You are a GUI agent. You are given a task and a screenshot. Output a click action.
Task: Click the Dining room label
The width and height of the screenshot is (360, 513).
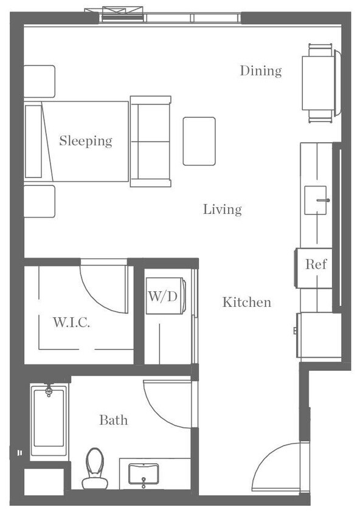pyautogui.click(x=260, y=71)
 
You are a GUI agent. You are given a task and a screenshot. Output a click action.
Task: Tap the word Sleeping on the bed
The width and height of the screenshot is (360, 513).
pyautogui.click(x=86, y=141)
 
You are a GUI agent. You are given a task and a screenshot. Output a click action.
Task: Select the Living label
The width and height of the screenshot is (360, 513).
pyautogui.click(x=222, y=210)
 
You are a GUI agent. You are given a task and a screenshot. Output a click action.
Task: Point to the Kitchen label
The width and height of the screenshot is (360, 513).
pyautogui.click(x=246, y=302)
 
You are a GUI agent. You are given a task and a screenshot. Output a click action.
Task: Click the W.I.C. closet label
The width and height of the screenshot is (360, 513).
pyautogui.click(x=71, y=323)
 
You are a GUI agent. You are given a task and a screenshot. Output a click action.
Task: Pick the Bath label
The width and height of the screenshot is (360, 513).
pyautogui.click(x=114, y=420)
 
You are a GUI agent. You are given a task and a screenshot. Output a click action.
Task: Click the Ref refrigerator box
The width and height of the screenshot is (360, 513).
pyautogui.click(x=316, y=264)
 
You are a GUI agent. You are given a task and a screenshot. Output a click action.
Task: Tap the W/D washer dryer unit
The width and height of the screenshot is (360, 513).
pyautogui.click(x=162, y=297)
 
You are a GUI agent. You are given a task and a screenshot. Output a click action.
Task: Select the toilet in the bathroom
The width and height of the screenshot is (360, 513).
pyautogui.click(x=94, y=470)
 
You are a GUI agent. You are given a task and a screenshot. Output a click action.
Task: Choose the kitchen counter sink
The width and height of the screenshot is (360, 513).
pyautogui.click(x=316, y=200)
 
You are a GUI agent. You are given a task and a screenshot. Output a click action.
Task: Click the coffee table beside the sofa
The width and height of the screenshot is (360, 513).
pyautogui.click(x=199, y=141)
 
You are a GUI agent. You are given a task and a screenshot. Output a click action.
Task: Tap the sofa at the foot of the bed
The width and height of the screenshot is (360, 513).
pyautogui.click(x=150, y=141)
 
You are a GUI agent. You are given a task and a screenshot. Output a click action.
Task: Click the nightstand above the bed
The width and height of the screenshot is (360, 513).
pyautogui.click(x=39, y=81)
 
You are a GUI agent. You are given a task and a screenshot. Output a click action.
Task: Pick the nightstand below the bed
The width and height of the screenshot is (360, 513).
pyautogui.click(x=39, y=201)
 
